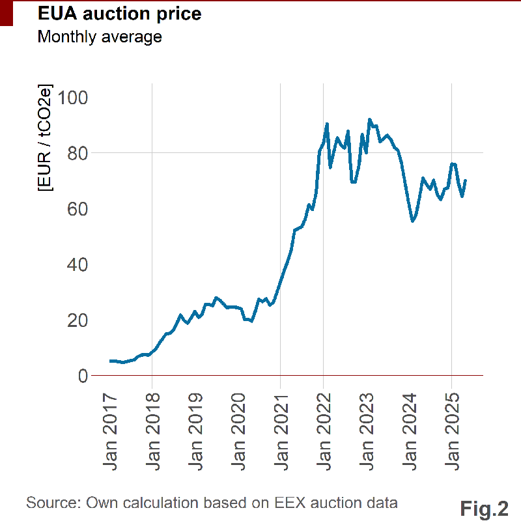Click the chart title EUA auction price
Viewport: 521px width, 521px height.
119,14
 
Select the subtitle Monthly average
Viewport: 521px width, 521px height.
100,36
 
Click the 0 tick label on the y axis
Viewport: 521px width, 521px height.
83,376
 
